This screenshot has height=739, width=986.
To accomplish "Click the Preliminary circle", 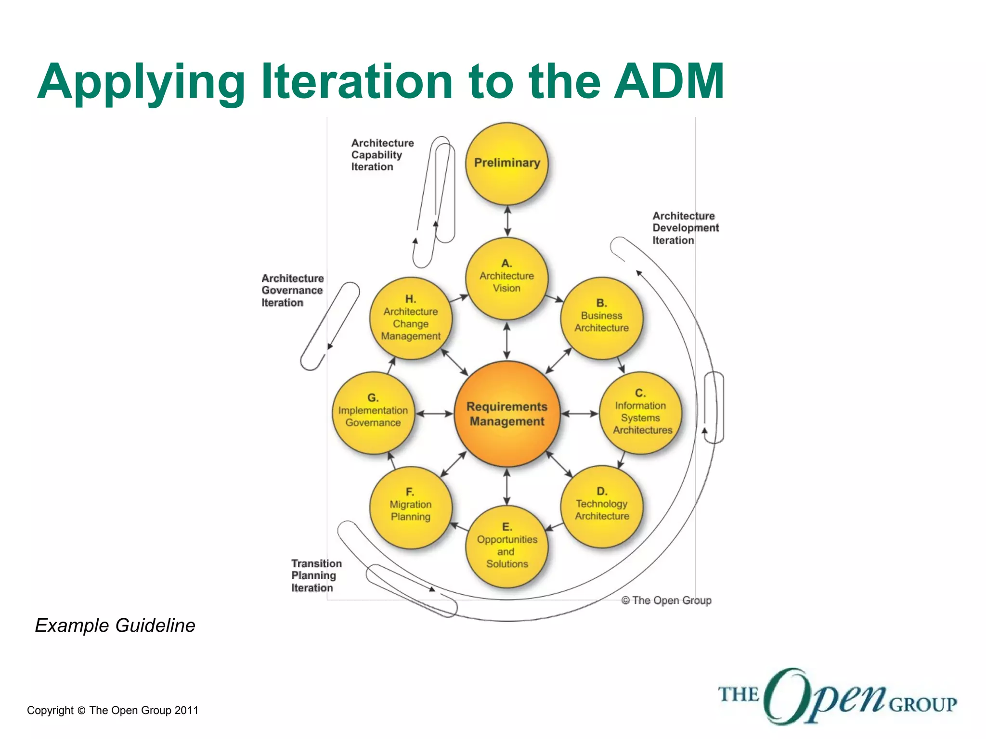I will tap(507, 163).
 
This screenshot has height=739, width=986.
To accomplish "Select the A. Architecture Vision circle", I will tap(507, 278).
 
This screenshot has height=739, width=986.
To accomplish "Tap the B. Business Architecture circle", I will tap(601, 318).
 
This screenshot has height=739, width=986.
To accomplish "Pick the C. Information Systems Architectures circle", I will tap(640, 413).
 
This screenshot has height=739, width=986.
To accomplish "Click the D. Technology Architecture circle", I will tap(602, 506).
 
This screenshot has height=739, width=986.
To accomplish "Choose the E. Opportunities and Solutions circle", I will tap(507, 547).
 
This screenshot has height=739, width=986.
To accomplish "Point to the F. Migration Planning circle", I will tap(411, 507).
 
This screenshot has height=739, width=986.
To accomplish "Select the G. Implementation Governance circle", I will tap(373, 413).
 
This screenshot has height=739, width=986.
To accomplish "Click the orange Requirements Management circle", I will tap(507, 414).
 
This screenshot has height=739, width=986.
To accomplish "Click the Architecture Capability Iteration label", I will tap(382, 155).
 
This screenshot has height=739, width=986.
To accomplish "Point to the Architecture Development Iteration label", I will tap(685, 228).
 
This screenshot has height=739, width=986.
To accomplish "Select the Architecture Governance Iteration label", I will tap(292, 291).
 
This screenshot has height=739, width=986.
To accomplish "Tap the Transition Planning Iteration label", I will tap(316, 575).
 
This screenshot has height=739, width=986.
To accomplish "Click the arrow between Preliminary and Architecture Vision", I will tap(507, 221).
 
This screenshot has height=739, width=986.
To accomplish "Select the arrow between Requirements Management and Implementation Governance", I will tap(434, 413).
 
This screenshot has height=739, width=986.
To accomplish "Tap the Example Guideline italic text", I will tap(115, 625).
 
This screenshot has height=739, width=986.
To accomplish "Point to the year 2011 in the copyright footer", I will tap(186, 711).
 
